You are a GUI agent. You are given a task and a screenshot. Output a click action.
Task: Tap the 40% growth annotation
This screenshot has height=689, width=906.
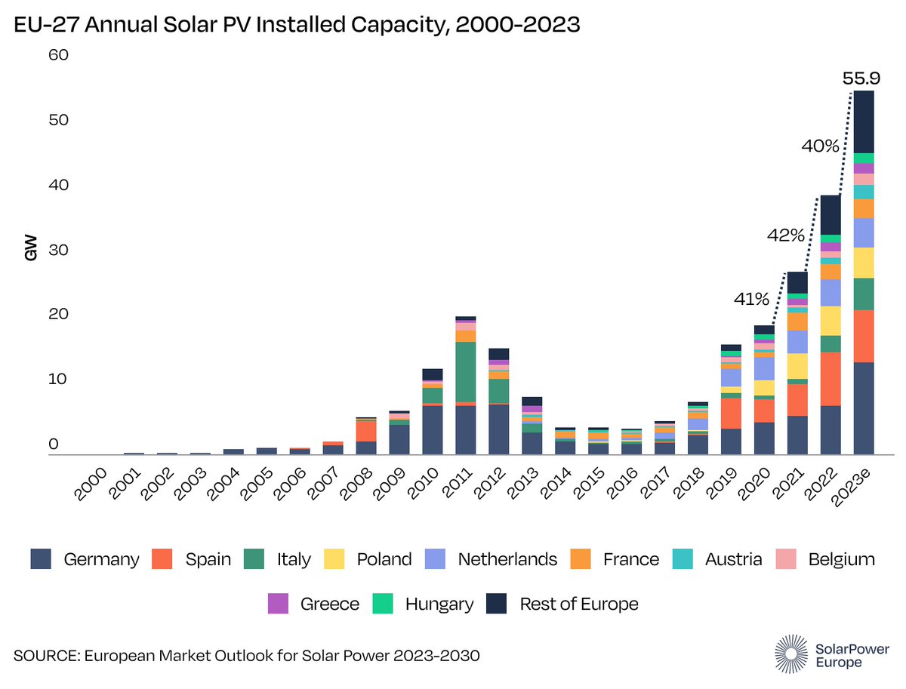[821, 146]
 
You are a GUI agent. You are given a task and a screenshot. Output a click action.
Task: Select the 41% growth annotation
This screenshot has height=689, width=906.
[751, 300]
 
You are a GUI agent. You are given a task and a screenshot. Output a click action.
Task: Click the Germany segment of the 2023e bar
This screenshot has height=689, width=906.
[864, 408]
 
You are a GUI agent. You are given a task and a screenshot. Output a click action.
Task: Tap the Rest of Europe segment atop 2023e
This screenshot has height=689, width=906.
[864, 121]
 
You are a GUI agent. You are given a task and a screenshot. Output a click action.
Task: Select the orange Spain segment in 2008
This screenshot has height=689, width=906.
[365, 431]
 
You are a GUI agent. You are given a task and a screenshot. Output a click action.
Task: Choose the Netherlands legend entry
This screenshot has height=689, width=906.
[507, 559]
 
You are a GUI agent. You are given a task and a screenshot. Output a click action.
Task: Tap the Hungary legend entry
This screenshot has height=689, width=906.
[439, 604]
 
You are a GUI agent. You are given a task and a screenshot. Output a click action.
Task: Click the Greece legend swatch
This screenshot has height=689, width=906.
[278, 604]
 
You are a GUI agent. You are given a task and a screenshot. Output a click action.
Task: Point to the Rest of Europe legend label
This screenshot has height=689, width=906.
[579, 604]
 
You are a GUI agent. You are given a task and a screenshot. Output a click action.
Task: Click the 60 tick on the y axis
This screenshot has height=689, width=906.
[58, 55]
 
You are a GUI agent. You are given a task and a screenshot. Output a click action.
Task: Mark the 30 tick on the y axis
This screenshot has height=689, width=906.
[58, 250]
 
